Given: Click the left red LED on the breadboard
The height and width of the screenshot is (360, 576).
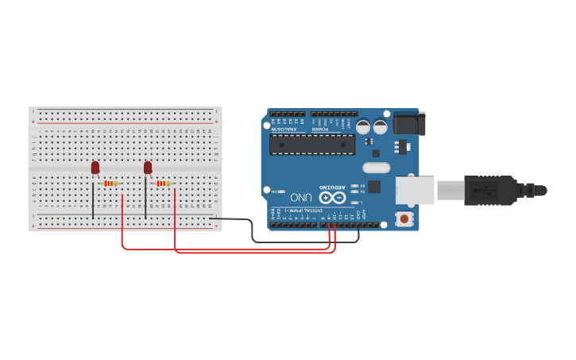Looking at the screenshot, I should (95, 167).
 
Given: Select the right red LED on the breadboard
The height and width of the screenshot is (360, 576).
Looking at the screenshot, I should (148, 167).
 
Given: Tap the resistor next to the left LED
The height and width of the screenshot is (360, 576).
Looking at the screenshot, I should (110, 184).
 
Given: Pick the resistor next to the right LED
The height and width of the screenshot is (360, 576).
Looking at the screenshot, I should (163, 184).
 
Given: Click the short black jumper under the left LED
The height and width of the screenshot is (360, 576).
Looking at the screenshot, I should (93, 200).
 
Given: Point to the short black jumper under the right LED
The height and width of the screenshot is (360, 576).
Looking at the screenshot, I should (145, 200).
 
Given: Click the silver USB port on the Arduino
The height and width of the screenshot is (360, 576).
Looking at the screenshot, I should (415, 191).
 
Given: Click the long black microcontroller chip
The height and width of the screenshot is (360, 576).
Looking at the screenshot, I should (312, 144).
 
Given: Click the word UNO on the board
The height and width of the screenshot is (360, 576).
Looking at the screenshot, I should (301, 197).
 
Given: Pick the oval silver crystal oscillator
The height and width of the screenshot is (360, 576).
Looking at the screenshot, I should (377, 168).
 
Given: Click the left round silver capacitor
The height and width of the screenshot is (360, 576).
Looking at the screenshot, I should (363, 126).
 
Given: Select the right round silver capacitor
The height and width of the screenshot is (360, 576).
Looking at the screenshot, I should (381, 126).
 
